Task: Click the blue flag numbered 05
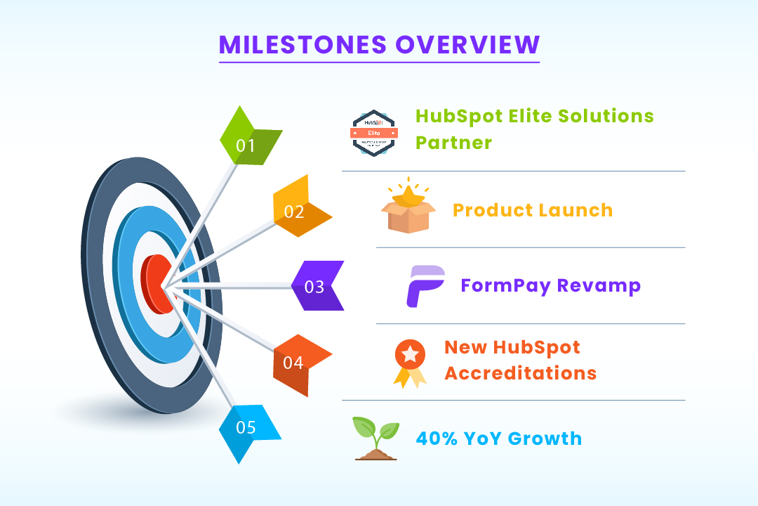(247, 430)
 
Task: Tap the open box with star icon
(408, 209)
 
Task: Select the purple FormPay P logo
(425, 285)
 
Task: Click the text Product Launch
(533, 209)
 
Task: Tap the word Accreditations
(520, 372)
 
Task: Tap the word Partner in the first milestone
(453, 142)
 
